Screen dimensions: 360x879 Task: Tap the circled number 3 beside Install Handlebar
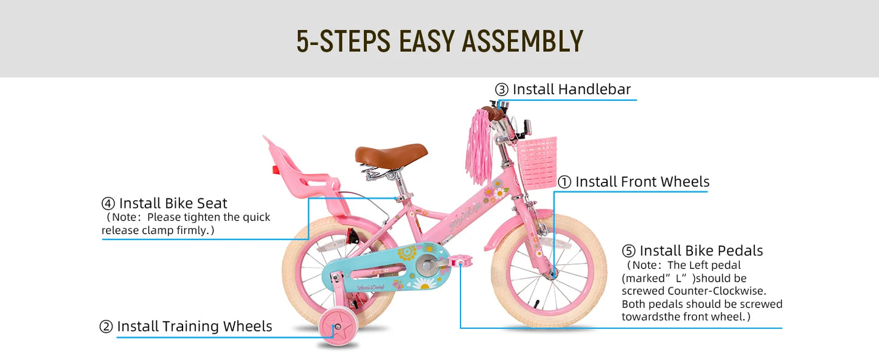(x=501, y=90)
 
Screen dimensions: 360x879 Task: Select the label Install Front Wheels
(x=642, y=182)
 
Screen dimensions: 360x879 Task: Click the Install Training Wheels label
(x=194, y=327)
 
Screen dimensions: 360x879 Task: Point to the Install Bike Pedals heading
(x=701, y=251)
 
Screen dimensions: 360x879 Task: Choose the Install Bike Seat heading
(x=173, y=203)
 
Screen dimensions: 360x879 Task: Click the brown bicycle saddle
(x=391, y=153)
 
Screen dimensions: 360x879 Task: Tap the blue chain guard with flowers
(x=389, y=268)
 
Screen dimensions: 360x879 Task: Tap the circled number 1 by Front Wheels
(x=565, y=182)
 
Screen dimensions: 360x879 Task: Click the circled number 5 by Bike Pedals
(x=628, y=251)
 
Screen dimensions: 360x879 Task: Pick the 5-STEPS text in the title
(x=343, y=41)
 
